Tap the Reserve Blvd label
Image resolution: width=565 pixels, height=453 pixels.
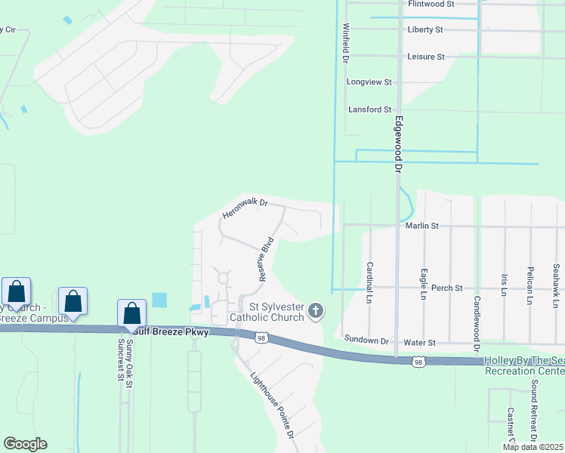(266, 260)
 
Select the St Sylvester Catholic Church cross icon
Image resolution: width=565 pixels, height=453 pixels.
(315, 310)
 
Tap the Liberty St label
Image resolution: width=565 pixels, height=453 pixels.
(425, 29)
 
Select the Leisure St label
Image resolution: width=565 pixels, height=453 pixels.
(426, 57)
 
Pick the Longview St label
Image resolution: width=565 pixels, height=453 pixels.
(369, 82)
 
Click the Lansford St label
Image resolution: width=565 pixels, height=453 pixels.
(370, 109)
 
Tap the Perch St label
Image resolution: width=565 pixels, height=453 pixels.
(441, 288)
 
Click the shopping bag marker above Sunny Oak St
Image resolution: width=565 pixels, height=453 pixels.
(132, 313)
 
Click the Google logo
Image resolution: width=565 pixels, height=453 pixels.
(25, 444)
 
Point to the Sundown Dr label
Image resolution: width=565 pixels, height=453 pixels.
(360, 341)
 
